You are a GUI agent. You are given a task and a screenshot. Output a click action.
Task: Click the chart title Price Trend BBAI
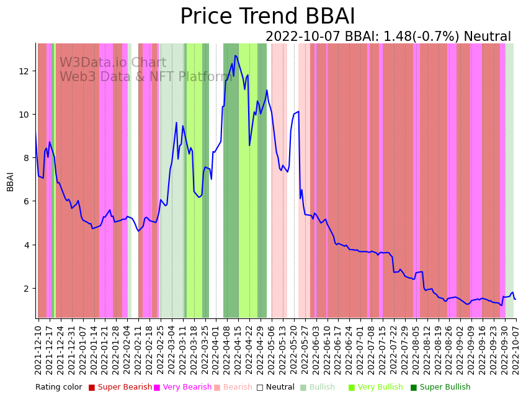(267, 17)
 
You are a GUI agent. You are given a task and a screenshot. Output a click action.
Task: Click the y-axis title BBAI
(11, 181)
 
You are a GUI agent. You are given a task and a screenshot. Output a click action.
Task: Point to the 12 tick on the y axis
(25, 71)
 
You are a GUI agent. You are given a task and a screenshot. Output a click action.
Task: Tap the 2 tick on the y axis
(28, 289)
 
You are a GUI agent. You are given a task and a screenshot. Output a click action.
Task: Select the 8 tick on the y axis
(28, 158)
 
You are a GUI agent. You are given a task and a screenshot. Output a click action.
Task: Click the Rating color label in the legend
(58, 387)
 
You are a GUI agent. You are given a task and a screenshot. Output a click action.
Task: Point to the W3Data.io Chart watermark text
(113, 63)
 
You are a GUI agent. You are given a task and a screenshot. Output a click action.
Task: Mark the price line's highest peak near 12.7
(235, 56)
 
